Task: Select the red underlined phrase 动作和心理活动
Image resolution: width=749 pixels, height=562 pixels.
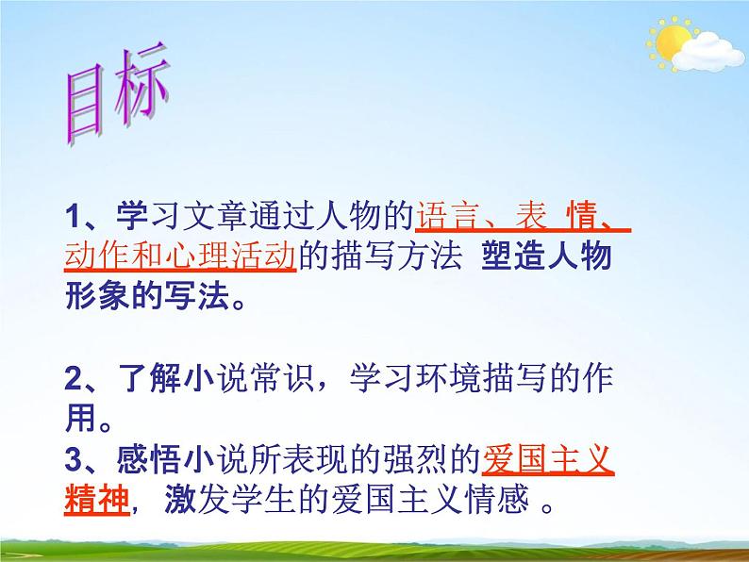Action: click(181, 257)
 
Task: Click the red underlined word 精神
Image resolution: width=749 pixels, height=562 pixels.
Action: click(98, 500)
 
